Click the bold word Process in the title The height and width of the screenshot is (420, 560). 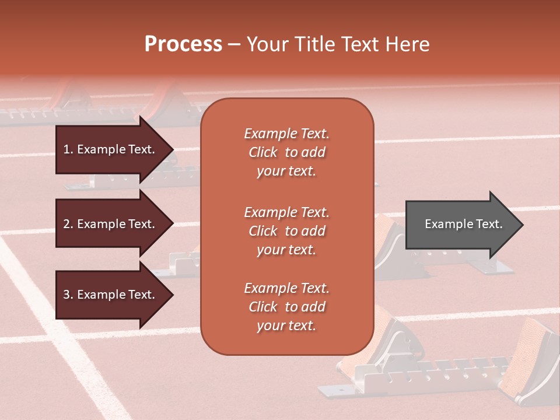coord(183,44)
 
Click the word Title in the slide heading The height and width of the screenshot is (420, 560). coord(317,44)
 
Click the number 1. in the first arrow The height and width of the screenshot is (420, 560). coord(68,149)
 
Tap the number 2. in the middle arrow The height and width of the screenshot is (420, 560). coord(68,224)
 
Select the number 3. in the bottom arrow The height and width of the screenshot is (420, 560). coord(68,295)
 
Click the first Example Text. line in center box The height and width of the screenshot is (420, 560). coord(286,134)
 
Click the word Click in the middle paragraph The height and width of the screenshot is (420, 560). coord(262,231)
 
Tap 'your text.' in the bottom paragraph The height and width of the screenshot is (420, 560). coord(286,325)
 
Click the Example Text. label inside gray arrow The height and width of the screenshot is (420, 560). coord(463,224)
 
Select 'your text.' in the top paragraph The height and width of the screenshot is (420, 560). coord(286,171)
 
